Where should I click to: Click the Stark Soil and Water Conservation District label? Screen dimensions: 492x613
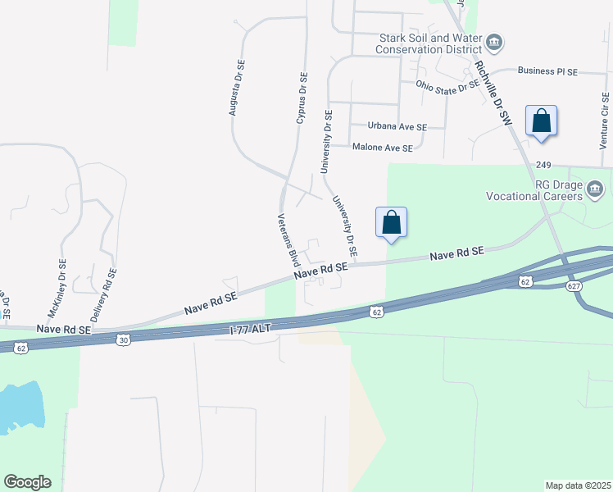[x=429, y=43]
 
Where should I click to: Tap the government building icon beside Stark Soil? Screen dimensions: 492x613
[x=494, y=42]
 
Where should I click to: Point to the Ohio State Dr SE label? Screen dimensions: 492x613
[x=447, y=84]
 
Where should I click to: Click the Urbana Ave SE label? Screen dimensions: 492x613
[x=397, y=127]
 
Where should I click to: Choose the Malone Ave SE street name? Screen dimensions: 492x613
[x=382, y=148]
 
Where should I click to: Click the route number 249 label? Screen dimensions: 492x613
[x=543, y=165]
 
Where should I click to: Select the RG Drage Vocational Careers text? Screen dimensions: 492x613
[x=546, y=191]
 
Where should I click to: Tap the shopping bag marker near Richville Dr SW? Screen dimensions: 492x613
[x=541, y=121]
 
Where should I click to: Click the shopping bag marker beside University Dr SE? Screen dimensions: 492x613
[x=391, y=221]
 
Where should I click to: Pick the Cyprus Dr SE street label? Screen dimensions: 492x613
[x=302, y=98]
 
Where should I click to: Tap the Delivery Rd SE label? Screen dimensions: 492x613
[x=102, y=294]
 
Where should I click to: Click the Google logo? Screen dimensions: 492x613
[x=27, y=481]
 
